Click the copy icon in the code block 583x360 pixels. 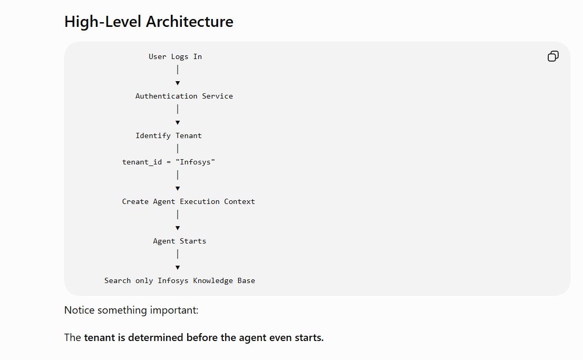pyautogui.click(x=553, y=56)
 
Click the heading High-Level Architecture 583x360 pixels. pyautogui.click(x=149, y=22)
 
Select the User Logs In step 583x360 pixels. pyautogui.click(x=175, y=56)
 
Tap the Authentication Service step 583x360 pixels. pyautogui.click(x=184, y=96)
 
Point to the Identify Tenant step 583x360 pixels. pyautogui.click(x=169, y=136)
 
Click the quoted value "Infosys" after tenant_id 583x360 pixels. pyautogui.click(x=195, y=162)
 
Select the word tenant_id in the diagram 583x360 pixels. pyautogui.click(x=142, y=162)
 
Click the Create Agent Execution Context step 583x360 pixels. pyautogui.click(x=189, y=201)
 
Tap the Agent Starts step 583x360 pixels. pyautogui.click(x=180, y=241)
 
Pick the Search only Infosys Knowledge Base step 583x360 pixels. pyautogui.click(x=180, y=280)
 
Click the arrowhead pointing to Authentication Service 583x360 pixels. pyautogui.click(x=178, y=83)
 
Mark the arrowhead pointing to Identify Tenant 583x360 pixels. pyautogui.click(x=178, y=123)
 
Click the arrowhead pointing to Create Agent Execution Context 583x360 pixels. pyautogui.click(x=178, y=189)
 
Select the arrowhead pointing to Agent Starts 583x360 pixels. pyautogui.click(x=178, y=228)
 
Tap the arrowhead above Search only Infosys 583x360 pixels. pyautogui.click(x=178, y=267)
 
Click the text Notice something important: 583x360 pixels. pyautogui.click(x=131, y=310)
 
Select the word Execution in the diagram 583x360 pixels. pyautogui.click(x=200, y=201)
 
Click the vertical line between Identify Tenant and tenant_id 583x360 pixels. pyautogui.click(x=178, y=149)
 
